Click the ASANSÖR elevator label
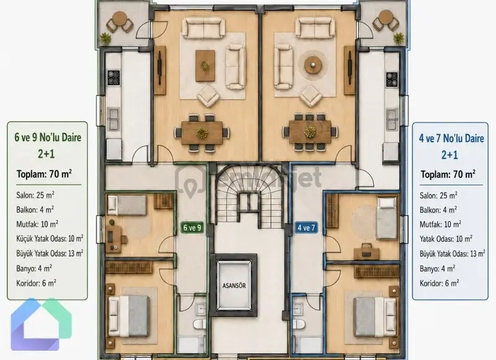point(234,286)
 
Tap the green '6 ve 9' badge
point(192,228)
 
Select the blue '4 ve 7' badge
point(306,228)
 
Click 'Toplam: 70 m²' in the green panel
point(44,174)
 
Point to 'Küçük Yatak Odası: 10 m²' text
point(50,238)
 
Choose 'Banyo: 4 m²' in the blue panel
point(437,269)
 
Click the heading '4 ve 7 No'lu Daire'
point(451,138)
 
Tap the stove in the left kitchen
point(114,78)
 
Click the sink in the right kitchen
point(392,119)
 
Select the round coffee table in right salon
point(313,65)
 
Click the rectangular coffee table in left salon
point(205,66)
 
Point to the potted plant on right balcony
point(399,38)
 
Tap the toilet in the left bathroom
point(200,324)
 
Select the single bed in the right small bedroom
point(387,218)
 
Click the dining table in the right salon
point(310,132)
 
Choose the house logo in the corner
point(42,324)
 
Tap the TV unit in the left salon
point(160,70)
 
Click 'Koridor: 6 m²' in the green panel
point(37,283)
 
